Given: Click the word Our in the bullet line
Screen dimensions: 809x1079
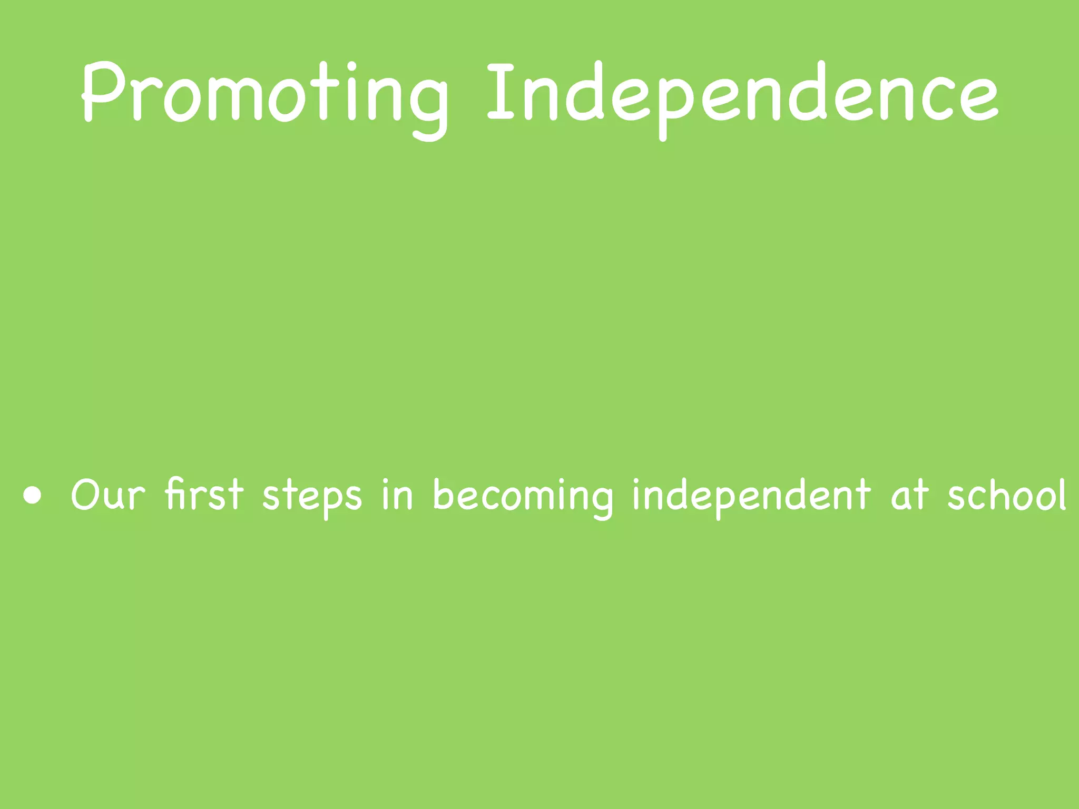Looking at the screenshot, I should point(107,495).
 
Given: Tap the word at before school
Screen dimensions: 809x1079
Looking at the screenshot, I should point(909,495).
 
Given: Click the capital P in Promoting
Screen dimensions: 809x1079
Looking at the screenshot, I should point(103,91).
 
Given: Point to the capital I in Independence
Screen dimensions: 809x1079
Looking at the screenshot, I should point(500,91).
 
